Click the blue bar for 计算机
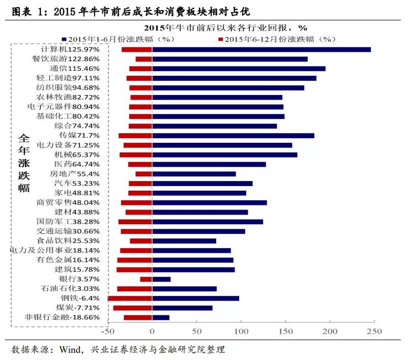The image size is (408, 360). coord(261,49)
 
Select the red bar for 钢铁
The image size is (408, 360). coord(130,298)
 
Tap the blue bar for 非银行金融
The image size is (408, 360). coord(161,317)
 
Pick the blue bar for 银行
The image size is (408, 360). coord(161,279)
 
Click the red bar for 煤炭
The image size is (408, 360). coord(133,308)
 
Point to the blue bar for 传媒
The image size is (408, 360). coord(233,135)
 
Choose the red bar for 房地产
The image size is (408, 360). coord(144,174)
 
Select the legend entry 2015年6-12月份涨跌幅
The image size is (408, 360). coord(279,39)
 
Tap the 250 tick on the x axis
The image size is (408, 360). coord(374,332)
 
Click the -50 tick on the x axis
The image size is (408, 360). coord(108,332)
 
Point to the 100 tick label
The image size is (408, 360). coord(241,332)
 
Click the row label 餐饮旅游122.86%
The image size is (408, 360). coord(69,59)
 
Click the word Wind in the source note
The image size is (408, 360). coord(69,350)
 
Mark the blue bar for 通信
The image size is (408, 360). coord(239,69)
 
